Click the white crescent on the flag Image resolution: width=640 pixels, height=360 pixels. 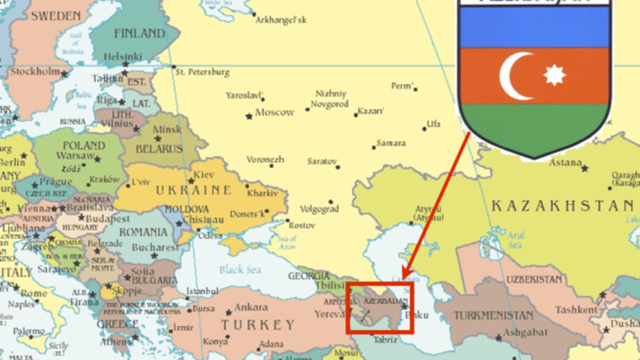point(512,76)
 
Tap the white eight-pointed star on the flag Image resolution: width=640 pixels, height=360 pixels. point(554,75)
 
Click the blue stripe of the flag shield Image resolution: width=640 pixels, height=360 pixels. point(534,27)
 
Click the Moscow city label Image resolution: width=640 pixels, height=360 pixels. point(274,112)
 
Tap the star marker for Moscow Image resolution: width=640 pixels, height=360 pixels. point(249,116)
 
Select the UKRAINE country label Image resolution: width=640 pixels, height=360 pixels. point(193,190)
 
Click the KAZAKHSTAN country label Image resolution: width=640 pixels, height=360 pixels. point(562,205)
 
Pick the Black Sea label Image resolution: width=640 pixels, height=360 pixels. point(240,270)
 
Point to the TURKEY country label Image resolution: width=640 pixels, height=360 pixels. point(258,325)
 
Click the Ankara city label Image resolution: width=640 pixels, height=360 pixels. point(250,307)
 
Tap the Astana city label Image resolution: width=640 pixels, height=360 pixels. point(565,162)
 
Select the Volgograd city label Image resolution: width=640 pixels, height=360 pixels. point(319,209)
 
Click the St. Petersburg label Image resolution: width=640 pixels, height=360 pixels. point(202,72)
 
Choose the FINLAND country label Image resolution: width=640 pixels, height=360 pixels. point(139,33)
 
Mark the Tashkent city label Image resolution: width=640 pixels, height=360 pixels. point(576,310)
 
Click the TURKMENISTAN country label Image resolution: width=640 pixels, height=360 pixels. point(493,315)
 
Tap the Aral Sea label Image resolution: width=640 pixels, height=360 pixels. point(515,240)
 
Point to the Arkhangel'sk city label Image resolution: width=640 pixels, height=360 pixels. point(280,20)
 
